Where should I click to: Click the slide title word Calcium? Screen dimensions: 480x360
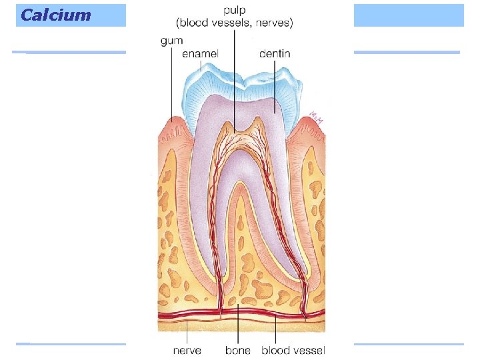click(55, 15)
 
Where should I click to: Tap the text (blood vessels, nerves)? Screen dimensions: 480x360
click(235, 23)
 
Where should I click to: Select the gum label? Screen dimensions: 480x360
click(171, 41)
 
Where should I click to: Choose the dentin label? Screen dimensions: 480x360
click(274, 53)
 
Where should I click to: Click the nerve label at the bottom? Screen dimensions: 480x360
click(187, 349)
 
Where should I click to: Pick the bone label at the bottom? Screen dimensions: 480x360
click(237, 349)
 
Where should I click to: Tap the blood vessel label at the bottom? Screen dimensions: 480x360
click(293, 349)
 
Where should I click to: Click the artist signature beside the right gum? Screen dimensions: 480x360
click(316, 119)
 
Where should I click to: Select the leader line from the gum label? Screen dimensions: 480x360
click(171, 80)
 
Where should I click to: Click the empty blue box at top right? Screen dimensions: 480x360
click(408, 15)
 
